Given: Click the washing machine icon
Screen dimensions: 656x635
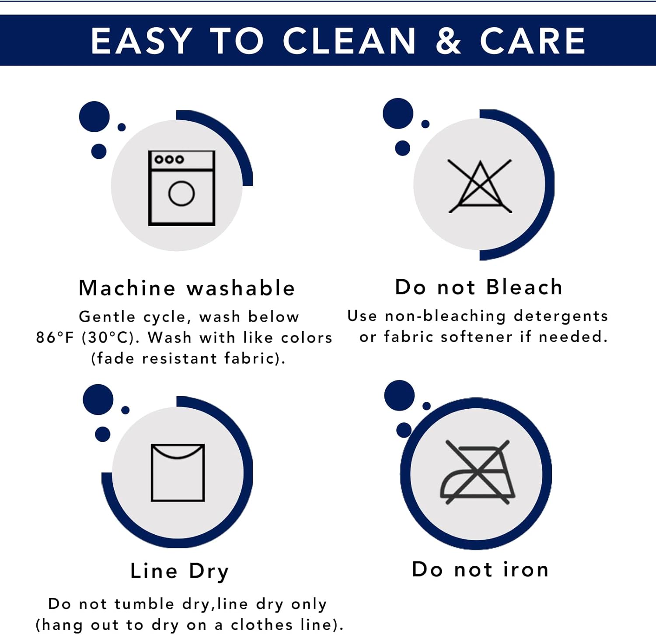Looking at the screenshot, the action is coord(181,188).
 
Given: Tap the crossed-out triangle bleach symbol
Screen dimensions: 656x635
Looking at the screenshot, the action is coord(480,186).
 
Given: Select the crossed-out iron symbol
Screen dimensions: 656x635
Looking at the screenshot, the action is coord(478,472).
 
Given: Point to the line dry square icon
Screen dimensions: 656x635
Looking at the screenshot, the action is coord(178,473).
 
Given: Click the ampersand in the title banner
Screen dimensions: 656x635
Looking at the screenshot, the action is coord(448,41).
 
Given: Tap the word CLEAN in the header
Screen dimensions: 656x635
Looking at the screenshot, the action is coord(349,41).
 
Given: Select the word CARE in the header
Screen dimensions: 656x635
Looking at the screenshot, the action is coord(532,41).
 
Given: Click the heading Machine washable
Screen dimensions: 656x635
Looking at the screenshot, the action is coord(187,288).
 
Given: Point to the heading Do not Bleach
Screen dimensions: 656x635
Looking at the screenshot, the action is coord(478,287).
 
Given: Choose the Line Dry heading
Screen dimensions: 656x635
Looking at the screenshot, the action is coord(179,572).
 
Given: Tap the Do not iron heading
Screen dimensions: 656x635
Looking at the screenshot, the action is coord(480,569).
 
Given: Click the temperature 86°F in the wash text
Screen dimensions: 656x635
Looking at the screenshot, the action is coord(55,337).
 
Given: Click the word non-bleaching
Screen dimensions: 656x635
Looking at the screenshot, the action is coord(445,316).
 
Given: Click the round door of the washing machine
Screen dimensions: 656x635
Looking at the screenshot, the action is coord(181,193).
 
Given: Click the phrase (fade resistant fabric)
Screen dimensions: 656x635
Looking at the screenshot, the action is coord(188,358).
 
